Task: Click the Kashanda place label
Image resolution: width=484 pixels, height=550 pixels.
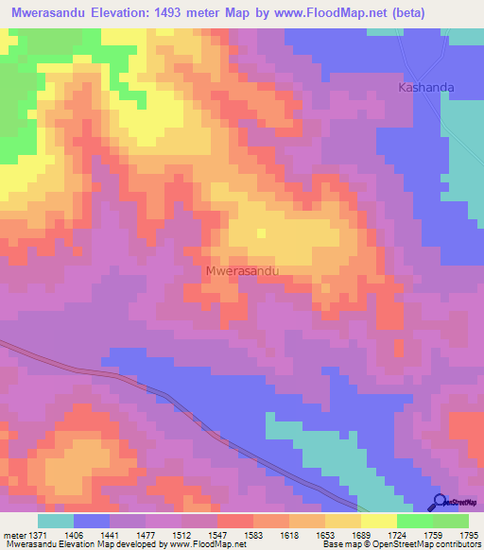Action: point(425,87)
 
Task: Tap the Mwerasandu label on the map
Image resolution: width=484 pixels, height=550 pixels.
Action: point(243,270)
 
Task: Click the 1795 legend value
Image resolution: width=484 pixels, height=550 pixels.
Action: point(468,535)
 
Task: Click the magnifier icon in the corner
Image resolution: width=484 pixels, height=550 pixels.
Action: point(440,502)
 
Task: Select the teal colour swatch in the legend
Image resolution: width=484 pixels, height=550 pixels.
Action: point(56,521)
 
